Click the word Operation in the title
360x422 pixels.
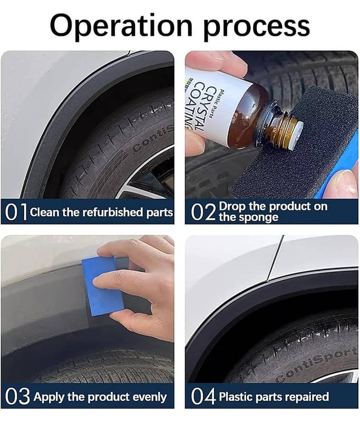coord(121,25)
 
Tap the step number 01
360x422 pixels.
coord(16,212)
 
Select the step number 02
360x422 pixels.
coord(203,212)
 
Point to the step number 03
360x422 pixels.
coord(17,397)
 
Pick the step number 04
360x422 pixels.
coord(203,396)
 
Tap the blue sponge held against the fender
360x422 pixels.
coord(102,285)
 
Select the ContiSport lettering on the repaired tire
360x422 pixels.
coord(317,365)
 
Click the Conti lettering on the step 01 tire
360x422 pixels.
coord(154,139)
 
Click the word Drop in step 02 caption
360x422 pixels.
coord(232,207)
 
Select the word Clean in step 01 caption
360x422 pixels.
coord(44,212)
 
